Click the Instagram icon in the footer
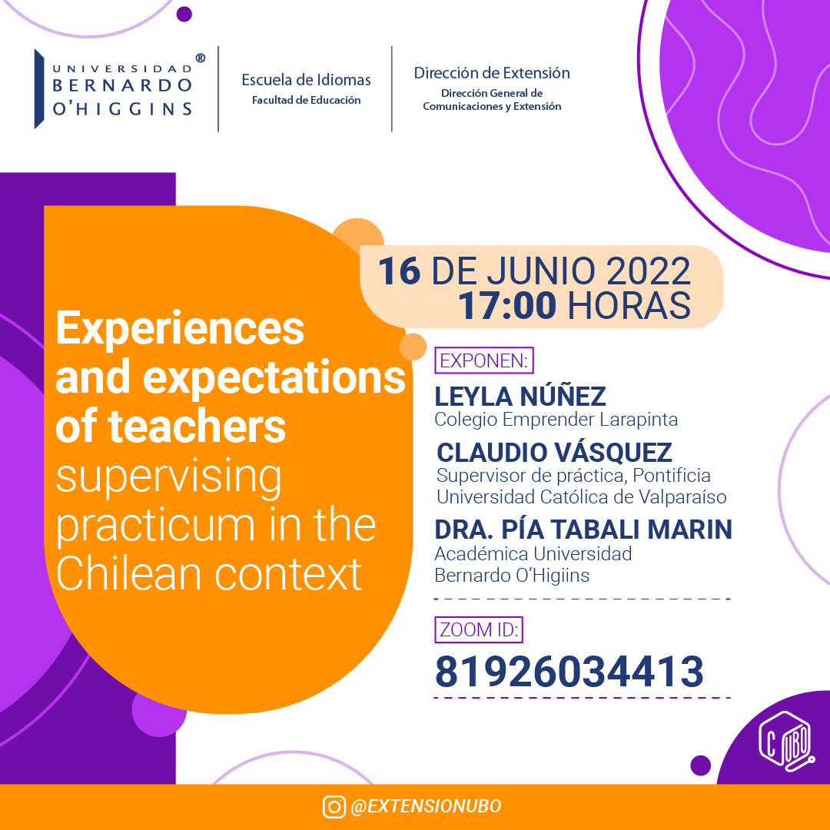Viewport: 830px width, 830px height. [334, 807]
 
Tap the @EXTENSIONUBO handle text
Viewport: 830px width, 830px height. [426, 806]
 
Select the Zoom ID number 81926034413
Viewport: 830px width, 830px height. [569, 671]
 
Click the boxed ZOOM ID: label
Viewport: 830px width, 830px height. [479, 630]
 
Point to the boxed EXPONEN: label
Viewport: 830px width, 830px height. [484, 360]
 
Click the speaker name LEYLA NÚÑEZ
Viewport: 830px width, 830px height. [520, 396]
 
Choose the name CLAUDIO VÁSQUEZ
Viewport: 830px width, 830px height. [554, 453]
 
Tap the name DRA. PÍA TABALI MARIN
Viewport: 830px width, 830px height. [583, 530]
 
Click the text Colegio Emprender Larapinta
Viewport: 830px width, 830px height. [556, 420]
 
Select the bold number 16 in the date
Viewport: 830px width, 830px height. [399, 271]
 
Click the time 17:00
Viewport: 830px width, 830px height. [507, 305]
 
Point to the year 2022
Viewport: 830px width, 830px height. [649, 271]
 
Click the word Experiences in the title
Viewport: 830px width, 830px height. [180, 329]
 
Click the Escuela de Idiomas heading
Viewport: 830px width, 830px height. [306, 80]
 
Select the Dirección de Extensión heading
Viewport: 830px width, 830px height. [492, 73]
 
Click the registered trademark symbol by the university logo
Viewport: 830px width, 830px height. [200, 58]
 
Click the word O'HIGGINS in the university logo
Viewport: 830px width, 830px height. [122, 109]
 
